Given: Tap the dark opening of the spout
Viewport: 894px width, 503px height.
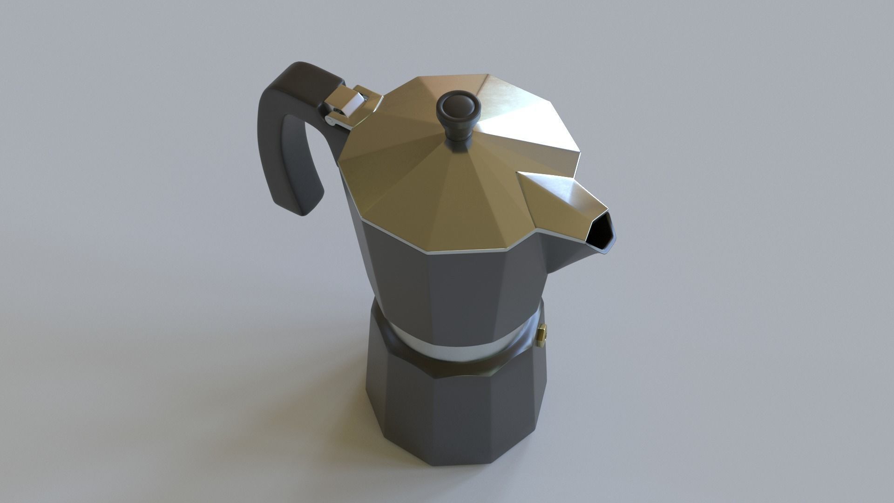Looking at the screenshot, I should [x=601, y=233].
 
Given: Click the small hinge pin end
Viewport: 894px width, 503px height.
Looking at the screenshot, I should [x=330, y=122].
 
